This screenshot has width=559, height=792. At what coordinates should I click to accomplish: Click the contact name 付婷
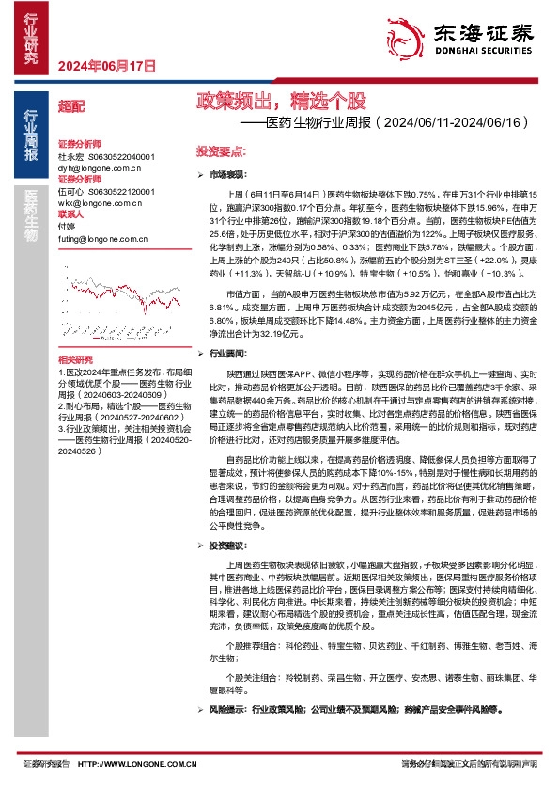point(67,226)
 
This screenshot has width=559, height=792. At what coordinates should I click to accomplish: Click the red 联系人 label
point(70,214)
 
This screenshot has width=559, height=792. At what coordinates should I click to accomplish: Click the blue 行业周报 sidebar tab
point(31,134)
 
